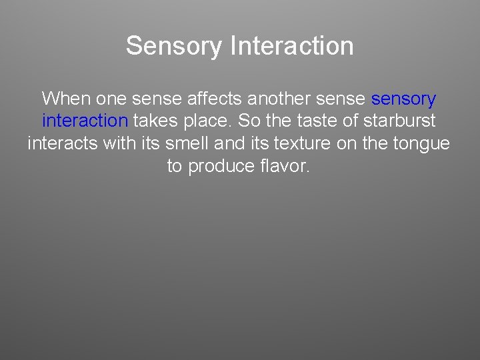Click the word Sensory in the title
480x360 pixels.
point(173,46)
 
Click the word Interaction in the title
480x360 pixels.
point(291,46)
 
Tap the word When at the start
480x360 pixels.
point(66,99)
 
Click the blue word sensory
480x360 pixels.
point(403,99)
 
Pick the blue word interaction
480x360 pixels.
point(85,121)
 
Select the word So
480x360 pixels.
point(245,121)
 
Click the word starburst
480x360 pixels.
point(399,121)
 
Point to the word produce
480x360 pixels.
point(220,165)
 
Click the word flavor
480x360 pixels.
point(284,165)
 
